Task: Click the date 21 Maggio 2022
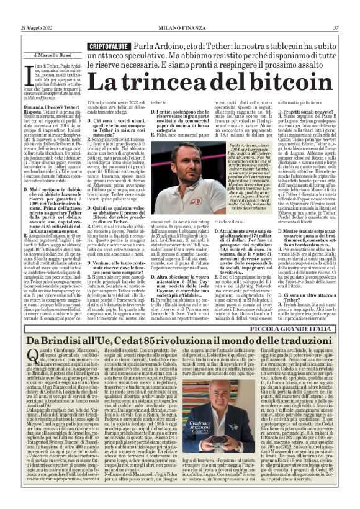click(36, 28)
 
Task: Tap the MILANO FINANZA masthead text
click(180, 28)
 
